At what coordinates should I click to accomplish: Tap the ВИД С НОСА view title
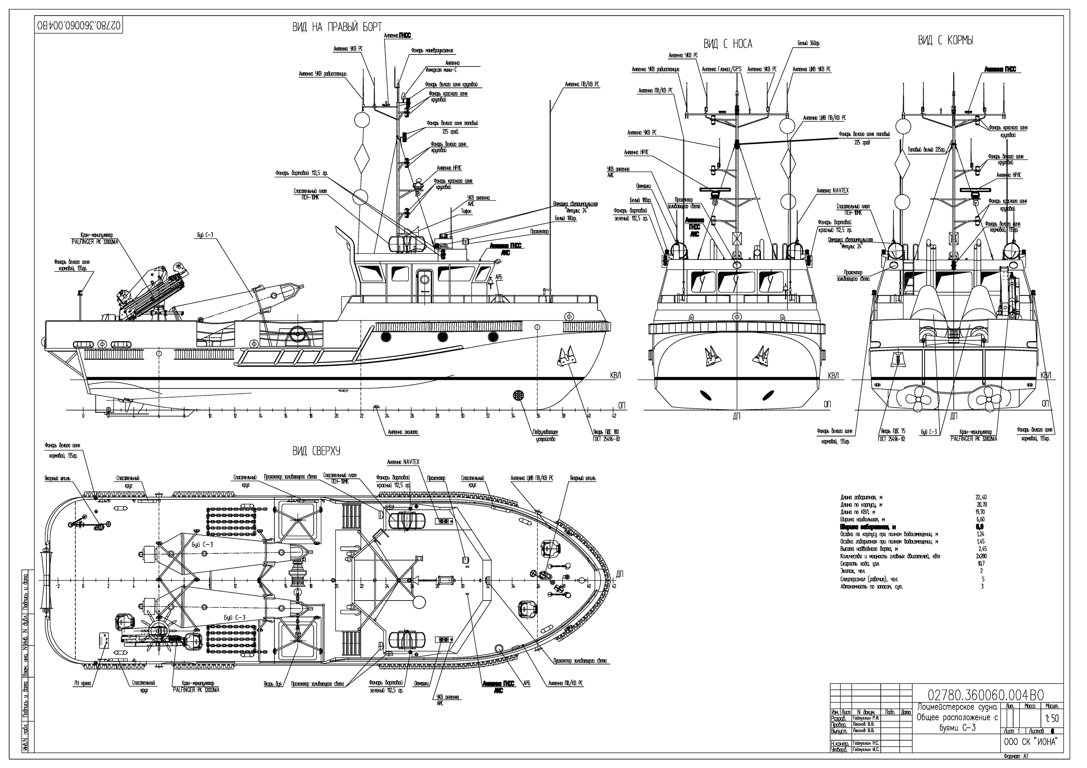[x=727, y=44]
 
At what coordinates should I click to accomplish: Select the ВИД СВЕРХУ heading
[x=316, y=451]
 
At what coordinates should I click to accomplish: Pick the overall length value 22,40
[x=980, y=498]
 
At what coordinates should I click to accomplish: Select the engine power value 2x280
[x=980, y=556]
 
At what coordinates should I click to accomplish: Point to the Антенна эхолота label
[x=403, y=432]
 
